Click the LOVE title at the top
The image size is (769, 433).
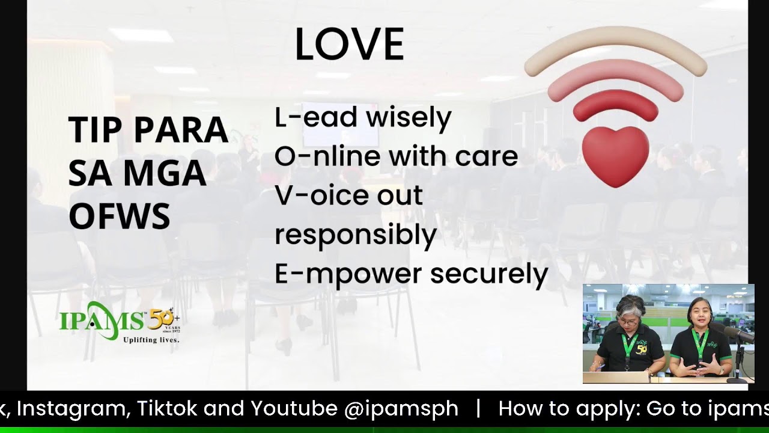[349, 44]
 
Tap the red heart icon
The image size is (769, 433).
[615, 155]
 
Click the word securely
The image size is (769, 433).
[489, 274]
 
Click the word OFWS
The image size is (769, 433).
[119, 216]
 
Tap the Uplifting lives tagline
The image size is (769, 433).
[151, 340]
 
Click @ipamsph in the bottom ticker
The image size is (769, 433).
[401, 409]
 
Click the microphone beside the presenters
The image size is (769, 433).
[740, 334]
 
